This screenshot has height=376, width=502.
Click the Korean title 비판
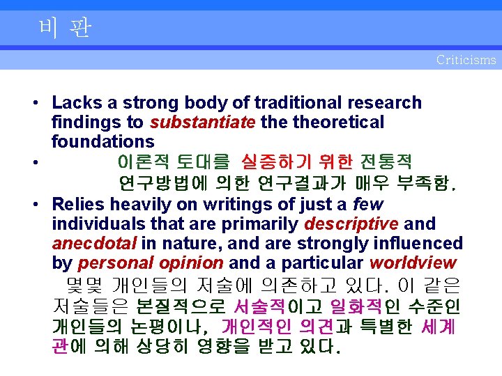point(66,29)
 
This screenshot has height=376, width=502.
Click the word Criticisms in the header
point(466,60)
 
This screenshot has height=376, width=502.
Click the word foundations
point(102,142)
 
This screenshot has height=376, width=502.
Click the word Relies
point(78,205)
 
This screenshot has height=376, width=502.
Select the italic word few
point(368,205)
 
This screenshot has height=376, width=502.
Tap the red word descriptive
point(351,224)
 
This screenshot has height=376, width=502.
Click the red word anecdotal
point(94,244)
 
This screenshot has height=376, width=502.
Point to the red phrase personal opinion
point(151,263)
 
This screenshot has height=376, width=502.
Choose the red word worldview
point(413,263)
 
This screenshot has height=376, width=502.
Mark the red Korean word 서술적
point(259,306)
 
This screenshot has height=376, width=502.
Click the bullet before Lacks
point(34,104)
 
